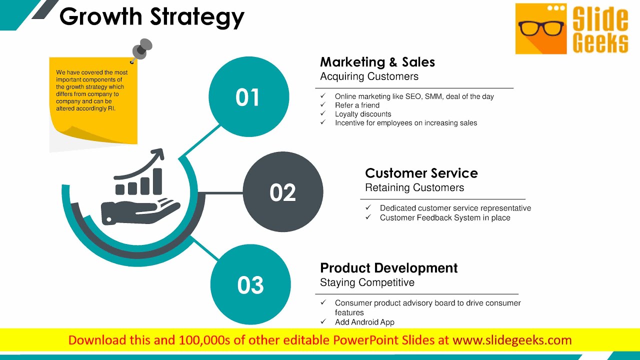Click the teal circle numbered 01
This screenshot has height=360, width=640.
[248, 97]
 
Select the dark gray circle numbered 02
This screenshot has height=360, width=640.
[283, 192]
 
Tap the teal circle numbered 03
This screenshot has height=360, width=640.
[250, 285]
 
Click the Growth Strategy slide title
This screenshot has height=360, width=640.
[152, 17]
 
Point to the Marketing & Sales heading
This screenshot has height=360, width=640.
[377, 62]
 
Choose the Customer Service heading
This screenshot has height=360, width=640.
[421, 173]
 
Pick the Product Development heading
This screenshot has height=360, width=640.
[389, 268]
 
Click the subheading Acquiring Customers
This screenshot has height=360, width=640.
[369, 76]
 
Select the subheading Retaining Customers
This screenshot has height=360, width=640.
[414, 187]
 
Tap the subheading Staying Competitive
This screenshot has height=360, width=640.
[367, 282]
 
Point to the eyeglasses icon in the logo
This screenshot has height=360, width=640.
[540, 28]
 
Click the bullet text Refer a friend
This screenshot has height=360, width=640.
[357, 105]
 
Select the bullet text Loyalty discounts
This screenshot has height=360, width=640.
[363, 114]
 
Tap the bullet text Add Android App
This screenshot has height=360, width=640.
[364, 322]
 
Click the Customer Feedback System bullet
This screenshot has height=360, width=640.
[445, 217]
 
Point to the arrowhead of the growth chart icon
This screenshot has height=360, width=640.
[159, 154]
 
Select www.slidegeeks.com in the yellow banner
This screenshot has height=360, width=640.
[512, 340]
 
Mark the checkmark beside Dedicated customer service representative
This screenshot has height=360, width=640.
[368, 207]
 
